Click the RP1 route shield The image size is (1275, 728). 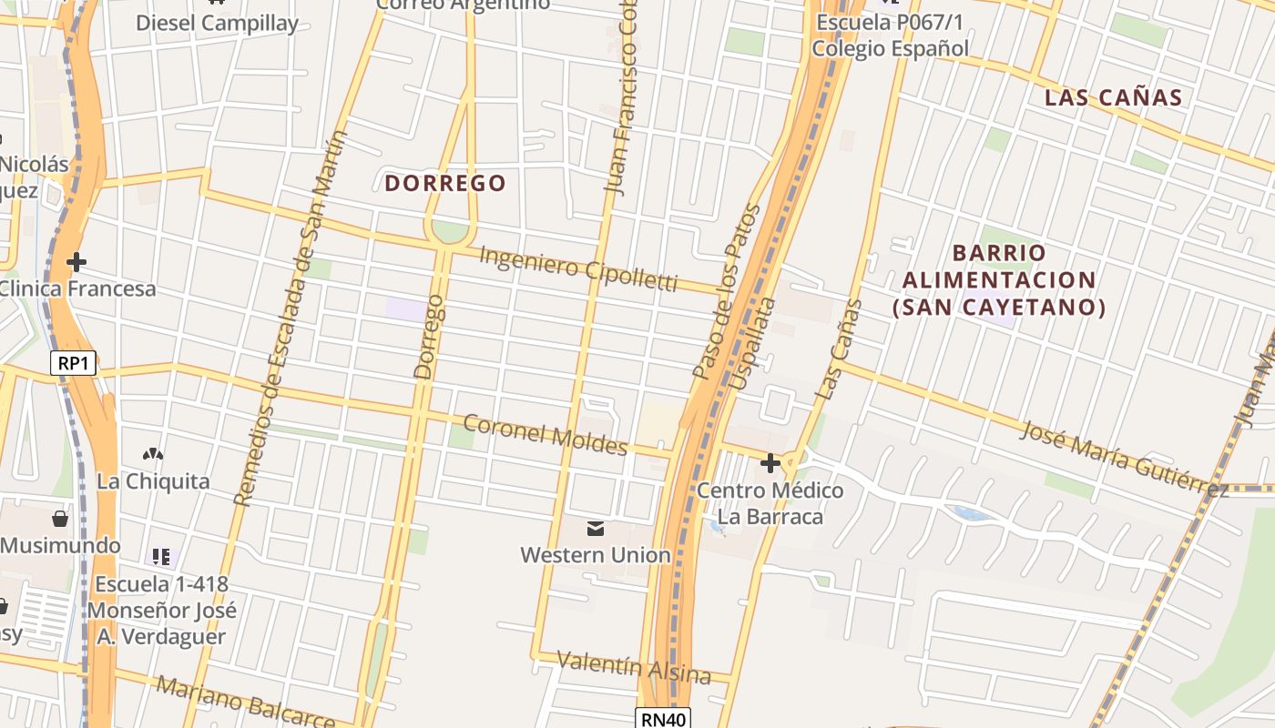(73, 363)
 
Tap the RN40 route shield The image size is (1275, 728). (662, 719)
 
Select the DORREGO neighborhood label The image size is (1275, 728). (444, 183)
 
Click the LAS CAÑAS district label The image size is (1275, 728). (1113, 97)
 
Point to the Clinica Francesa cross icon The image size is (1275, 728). (76, 262)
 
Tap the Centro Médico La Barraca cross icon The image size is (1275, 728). (770, 463)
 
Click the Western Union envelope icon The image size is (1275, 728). (596, 528)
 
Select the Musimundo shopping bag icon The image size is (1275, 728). (60, 519)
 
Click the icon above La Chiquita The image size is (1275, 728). (153, 453)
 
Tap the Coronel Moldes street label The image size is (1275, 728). (546, 434)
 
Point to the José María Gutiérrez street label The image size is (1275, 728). (1124, 459)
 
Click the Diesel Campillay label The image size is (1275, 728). (217, 23)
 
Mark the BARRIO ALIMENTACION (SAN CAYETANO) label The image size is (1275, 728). (999, 279)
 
